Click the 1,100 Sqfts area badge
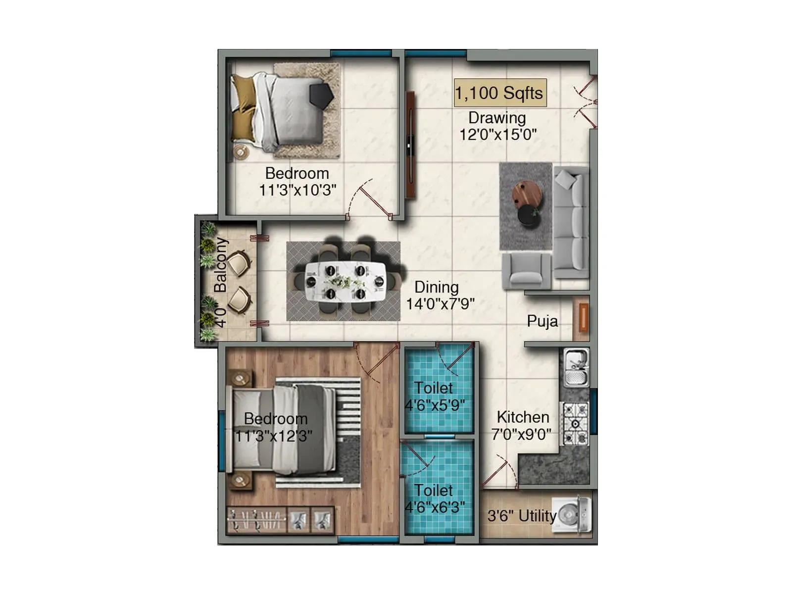(x=500, y=93)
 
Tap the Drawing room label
(x=497, y=118)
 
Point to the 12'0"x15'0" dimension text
(x=497, y=135)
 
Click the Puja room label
(x=543, y=321)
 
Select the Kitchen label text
(x=523, y=417)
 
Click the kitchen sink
(x=576, y=367)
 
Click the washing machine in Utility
(x=572, y=515)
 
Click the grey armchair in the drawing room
(x=527, y=271)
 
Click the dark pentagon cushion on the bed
(x=321, y=95)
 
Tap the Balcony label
(x=220, y=265)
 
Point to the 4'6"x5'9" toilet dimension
(x=435, y=405)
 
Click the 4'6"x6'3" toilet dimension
(x=435, y=507)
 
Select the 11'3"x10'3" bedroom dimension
(x=297, y=190)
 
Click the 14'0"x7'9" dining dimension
(x=440, y=303)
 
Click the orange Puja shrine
(x=584, y=317)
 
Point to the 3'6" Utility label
(x=522, y=516)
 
